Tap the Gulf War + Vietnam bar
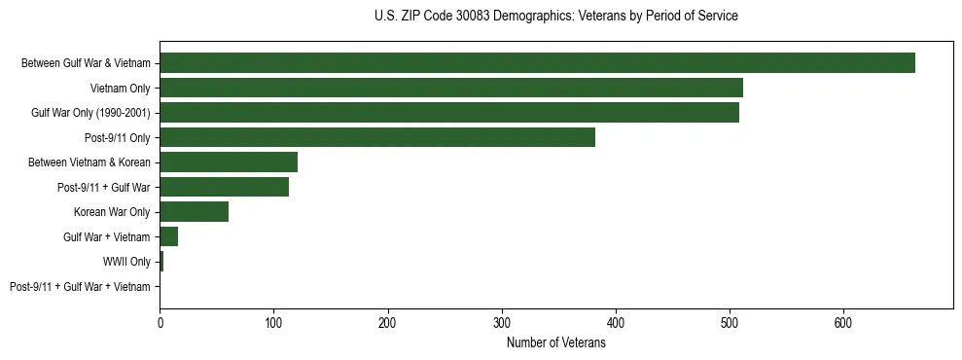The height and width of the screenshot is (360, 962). tap(169, 236)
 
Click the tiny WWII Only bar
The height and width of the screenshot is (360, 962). tap(161, 262)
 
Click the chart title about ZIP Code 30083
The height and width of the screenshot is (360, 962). tap(555, 17)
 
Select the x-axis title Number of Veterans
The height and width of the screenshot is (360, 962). tap(555, 343)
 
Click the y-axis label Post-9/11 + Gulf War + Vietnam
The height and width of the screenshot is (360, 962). tap(80, 287)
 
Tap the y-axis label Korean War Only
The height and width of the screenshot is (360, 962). tap(112, 212)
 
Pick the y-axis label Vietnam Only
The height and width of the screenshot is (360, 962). tap(121, 89)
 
